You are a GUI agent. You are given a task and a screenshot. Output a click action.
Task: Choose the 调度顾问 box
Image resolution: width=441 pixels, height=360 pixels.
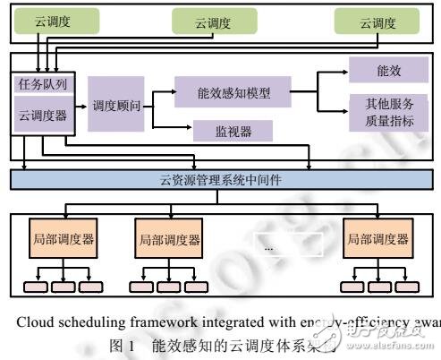tap(117, 106)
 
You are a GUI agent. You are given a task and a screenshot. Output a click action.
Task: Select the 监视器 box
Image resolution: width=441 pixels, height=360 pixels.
tap(233, 132)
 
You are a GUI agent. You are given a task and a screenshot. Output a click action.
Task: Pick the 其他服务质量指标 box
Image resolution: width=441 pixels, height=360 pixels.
tap(383, 113)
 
